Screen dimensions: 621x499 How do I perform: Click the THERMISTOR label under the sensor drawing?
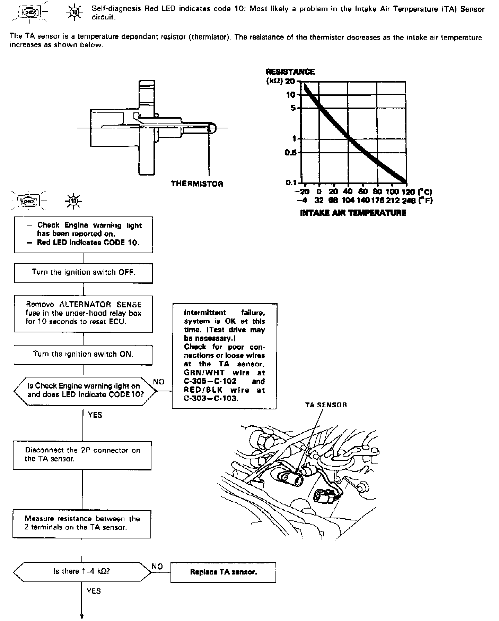click(197, 184)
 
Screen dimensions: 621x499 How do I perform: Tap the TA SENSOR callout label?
click(326, 405)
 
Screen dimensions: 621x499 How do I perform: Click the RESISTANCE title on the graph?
click(290, 72)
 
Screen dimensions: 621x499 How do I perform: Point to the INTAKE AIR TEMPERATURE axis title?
click(353, 213)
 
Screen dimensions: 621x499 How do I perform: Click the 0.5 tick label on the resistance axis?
click(291, 152)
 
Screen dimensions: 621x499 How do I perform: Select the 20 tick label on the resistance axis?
click(290, 81)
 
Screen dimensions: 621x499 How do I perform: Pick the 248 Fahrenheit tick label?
click(409, 201)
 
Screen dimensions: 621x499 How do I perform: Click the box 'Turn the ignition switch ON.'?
click(83, 355)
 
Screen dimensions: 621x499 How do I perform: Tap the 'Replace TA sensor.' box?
click(223, 572)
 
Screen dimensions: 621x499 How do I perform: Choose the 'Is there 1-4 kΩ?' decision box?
click(82, 571)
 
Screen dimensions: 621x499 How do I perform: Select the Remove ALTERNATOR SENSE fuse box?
click(83, 314)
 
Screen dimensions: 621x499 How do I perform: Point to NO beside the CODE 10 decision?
click(159, 382)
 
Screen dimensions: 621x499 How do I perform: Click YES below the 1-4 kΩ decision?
click(94, 591)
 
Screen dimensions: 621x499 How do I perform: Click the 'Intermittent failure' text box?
click(225, 356)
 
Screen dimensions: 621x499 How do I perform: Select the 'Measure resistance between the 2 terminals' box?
click(82, 524)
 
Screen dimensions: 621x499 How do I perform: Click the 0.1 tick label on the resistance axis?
click(291, 182)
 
